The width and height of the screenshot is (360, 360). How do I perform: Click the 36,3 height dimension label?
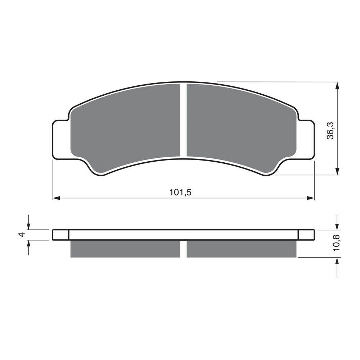click(330, 130)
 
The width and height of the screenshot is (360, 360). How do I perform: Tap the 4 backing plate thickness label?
click(22, 235)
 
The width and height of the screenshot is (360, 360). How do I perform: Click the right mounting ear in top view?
click(306, 139)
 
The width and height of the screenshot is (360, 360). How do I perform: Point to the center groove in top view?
click(183, 121)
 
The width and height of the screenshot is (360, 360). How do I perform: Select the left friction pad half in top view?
click(126, 126)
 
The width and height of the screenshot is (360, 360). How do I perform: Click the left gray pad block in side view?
click(125, 249)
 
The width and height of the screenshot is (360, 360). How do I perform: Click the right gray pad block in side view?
click(242, 249)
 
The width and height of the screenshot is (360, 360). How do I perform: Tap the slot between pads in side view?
click(183, 249)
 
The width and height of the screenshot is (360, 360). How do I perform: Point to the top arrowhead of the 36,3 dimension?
click(337, 86)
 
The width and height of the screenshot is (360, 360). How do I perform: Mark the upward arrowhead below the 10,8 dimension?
click(337, 261)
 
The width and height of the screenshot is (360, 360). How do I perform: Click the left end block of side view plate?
click(60, 235)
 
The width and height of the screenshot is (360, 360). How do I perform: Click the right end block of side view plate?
click(306, 235)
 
